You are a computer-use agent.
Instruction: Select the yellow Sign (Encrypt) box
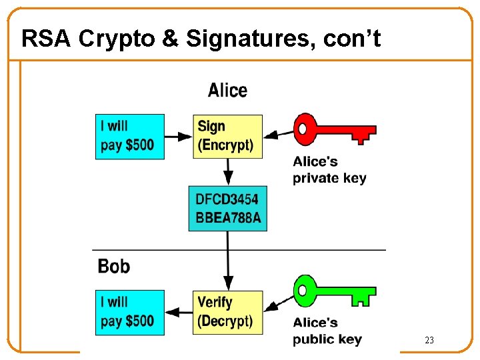tap(227, 136)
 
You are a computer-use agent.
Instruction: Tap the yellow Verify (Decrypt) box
tap(227, 311)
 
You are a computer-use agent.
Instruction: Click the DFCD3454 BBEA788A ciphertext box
tap(227, 208)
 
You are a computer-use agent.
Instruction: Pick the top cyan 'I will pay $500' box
tap(129, 136)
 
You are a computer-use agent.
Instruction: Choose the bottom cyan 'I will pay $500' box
tap(129, 311)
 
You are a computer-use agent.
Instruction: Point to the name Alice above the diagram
tap(227, 91)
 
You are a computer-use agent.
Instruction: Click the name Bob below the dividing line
tap(113, 267)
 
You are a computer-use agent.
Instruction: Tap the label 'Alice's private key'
tap(329, 169)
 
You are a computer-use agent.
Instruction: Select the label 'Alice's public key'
tap(327, 331)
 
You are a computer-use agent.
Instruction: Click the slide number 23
tap(429, 341)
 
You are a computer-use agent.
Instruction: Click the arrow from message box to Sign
tap(179, 137)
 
